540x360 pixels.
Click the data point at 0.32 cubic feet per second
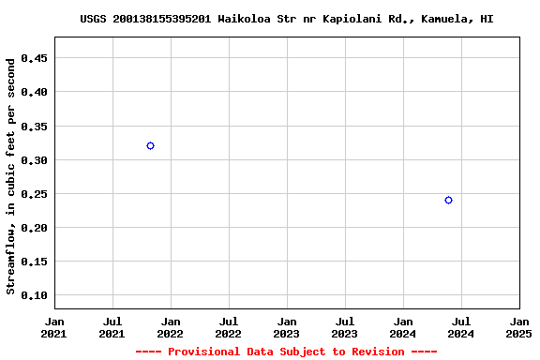pos(150,145)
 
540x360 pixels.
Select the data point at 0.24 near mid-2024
pos(448,200)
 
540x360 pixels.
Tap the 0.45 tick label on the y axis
pos(35,58)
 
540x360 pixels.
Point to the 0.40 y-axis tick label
pos(35,92)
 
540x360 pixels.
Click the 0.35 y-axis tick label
pos(35,126)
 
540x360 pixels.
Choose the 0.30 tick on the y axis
pos(35,160)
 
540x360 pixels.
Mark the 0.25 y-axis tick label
pos(35,194)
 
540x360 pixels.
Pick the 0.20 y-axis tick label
pos(35,228)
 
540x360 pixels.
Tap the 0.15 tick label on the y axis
pos(35,262)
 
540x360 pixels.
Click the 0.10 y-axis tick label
pos(35,295)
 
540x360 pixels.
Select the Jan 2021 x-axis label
pos(54,326)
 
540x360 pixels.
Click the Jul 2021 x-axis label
pos(112,326)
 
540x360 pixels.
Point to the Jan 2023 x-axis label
pos(287,326)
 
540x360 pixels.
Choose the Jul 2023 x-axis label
pos(345,326)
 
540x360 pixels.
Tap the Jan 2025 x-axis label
pos(518,326)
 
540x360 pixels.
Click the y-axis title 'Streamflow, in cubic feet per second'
pos(11,176)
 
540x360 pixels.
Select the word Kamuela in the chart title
pos(447,19)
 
